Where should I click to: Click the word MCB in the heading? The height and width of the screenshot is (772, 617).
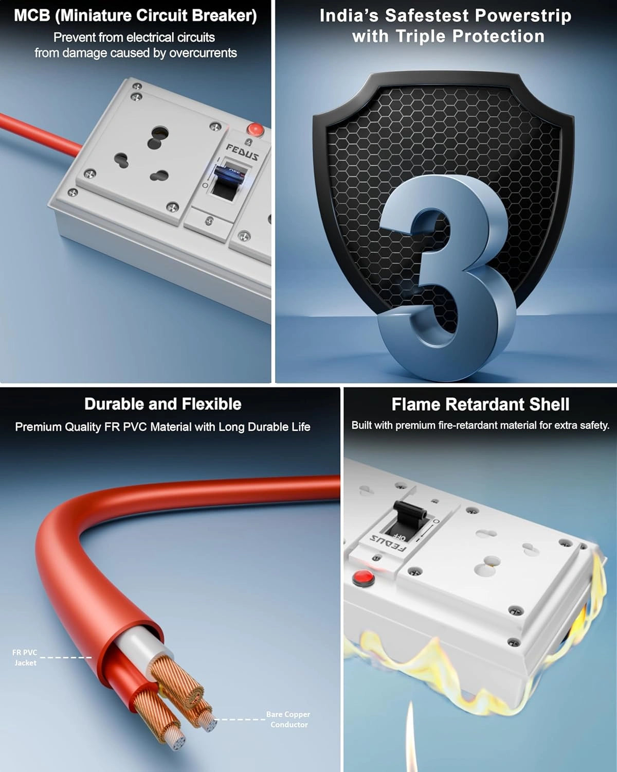click(x=32, y=16)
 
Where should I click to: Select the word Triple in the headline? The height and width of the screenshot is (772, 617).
click(x=421, y=36)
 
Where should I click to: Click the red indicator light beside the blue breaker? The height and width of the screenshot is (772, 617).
click(x=255, y=129)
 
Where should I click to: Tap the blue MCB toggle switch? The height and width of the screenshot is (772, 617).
click(x=228, y=173)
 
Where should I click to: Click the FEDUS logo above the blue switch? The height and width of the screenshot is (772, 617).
click(x=242, y=152)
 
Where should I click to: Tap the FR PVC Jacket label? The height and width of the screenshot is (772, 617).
click(x=25, y=658)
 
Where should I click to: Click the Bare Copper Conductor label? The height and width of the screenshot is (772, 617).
click(x=288, y=720)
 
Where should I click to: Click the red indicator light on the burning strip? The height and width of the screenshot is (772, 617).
click(x=363, y=578)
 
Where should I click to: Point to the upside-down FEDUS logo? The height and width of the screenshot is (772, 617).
click(x=388, y=543)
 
